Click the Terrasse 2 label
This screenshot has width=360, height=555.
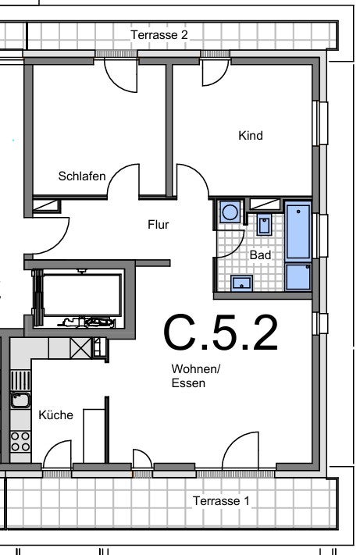159,34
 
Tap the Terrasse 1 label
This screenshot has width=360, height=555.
221,501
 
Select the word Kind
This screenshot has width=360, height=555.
250,136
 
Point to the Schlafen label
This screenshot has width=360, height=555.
82,176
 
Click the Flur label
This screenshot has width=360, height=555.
159,224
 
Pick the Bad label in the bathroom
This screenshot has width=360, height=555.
260,254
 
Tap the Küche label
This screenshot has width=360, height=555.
56,414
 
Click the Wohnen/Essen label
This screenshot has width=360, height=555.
196,376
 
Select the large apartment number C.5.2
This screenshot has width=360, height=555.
220,333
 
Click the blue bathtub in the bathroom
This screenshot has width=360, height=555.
298,231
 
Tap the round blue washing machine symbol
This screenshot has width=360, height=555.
230,212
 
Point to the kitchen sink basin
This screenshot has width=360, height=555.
20,400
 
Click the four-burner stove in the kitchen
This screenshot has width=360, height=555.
20,441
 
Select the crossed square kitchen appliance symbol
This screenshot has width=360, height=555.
80,348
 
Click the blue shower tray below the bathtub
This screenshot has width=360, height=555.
298,277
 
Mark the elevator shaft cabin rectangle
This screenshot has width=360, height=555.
82,295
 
